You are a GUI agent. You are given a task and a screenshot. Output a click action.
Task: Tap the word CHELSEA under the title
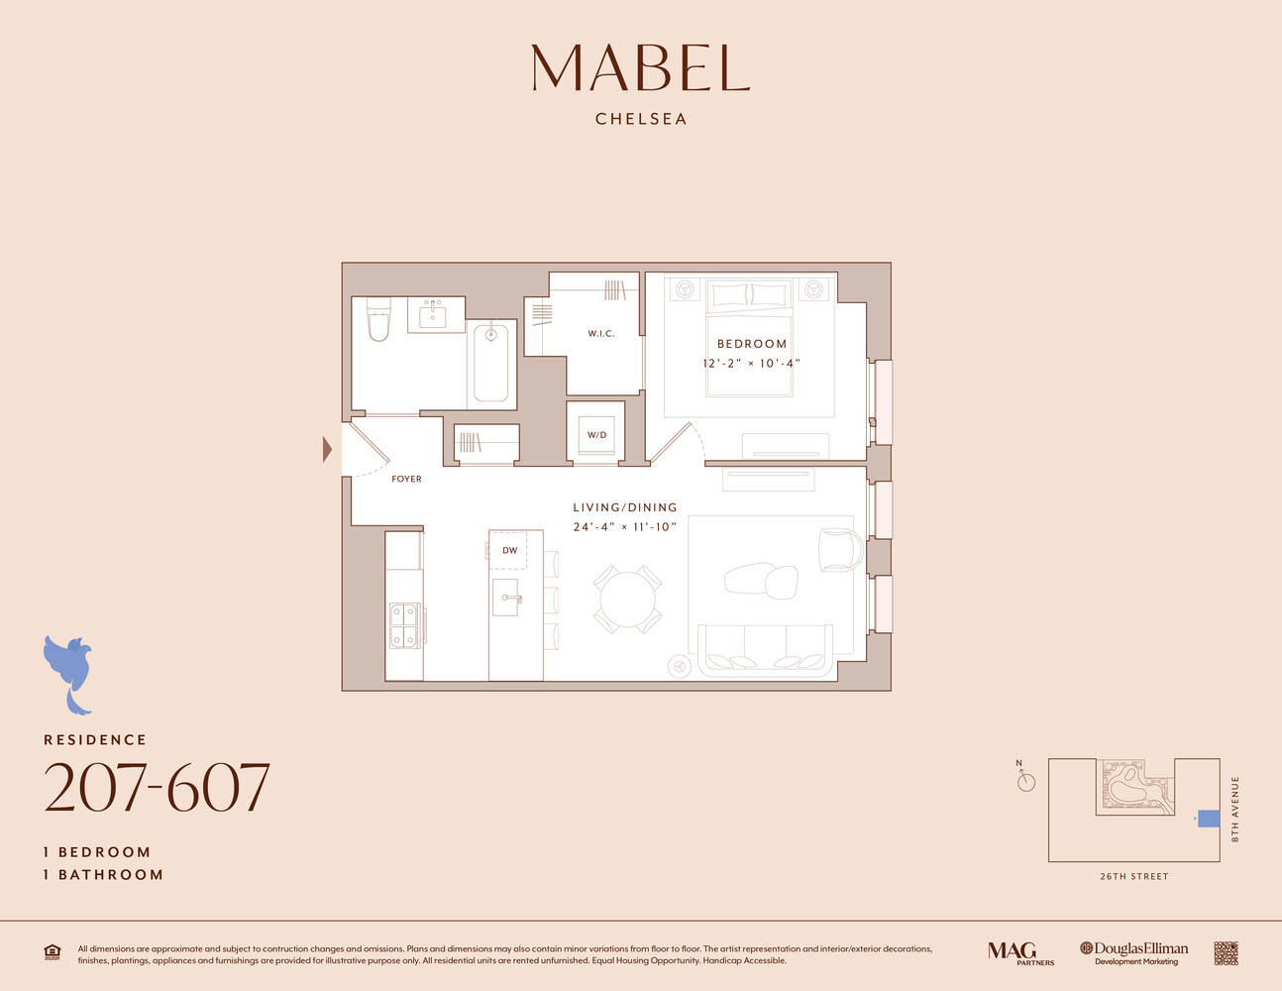pyautogui.click(x=641, y=119)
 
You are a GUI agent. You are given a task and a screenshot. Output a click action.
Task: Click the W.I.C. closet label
pyautogui.click(x=601, y=333)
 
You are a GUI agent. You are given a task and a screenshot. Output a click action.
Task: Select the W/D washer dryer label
pyautogui.click(x=596, y=435)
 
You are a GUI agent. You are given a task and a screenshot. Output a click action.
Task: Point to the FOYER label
pyautogui.click(x=406, y=479)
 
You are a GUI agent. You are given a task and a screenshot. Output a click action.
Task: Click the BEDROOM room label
pyautogui.click(x=752, y=344)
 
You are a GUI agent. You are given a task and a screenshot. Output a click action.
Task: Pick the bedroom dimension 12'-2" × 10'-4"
pyautogui.click(x=751, y=364)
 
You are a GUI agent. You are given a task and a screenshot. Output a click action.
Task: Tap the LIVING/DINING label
pyautogui.click(x=625, y=507)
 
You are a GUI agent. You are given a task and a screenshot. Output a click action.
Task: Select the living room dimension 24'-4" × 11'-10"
pyautogui.click(x=624, y=527)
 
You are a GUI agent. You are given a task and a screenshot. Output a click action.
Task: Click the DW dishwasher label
pyautogui.click(x=509, y=550)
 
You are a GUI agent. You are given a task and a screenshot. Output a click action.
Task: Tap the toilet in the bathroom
pyautogui.click(x=378, y=319)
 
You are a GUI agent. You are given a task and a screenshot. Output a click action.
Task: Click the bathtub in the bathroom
pyautogui.click(x=491, y=362)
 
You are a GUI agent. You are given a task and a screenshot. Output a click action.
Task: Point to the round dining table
pyautogui.click(x=628, y=600)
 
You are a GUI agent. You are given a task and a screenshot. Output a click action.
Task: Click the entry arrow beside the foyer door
pyautogui.click(x=327, y=450)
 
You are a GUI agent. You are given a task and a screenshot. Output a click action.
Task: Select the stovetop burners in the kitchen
pyautogui.click(x=403, y=624)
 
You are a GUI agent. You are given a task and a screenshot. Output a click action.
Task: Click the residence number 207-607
pyautogui.click(x=157, y=789)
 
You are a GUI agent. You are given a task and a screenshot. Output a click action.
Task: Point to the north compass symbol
pyautogui.click(x=1025, y=781)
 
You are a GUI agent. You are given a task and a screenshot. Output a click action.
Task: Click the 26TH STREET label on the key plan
pyautogui.click(x=1133, y=876)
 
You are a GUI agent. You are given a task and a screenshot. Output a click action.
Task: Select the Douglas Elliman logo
pyautogui.click(x=1133, y=952)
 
